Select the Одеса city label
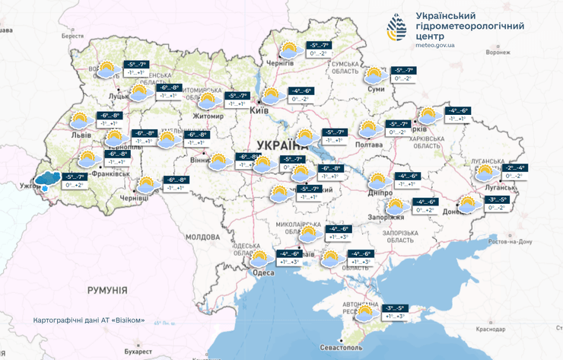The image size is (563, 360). [263, 272]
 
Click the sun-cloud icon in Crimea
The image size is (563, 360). [365, 312]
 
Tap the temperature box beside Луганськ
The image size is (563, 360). [514, 171]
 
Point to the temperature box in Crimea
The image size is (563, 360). [396, 312]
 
